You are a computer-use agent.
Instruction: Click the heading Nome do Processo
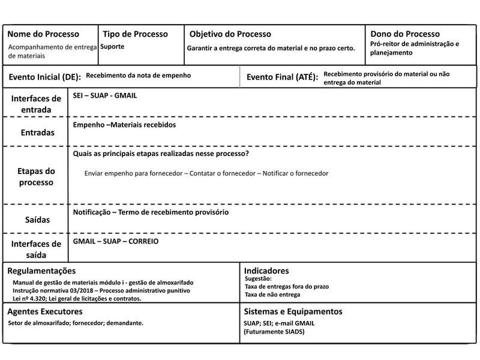coord(43,34)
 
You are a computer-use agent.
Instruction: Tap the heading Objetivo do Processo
coord(230,34)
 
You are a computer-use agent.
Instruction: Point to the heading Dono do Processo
coord(405,34)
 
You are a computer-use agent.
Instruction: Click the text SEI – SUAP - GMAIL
coord(109,95)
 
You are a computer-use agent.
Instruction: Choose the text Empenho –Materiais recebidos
coord(124,125)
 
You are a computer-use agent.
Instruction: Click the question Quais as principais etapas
coord(161,154)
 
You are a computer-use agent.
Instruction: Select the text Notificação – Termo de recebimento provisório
coord(151,212)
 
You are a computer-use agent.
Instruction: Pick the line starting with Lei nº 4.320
coord(76,298)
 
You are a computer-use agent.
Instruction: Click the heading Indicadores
coord(267,271)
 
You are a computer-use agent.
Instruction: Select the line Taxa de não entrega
coord(273,295)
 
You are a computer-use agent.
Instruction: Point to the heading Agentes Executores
coord(44,312)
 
